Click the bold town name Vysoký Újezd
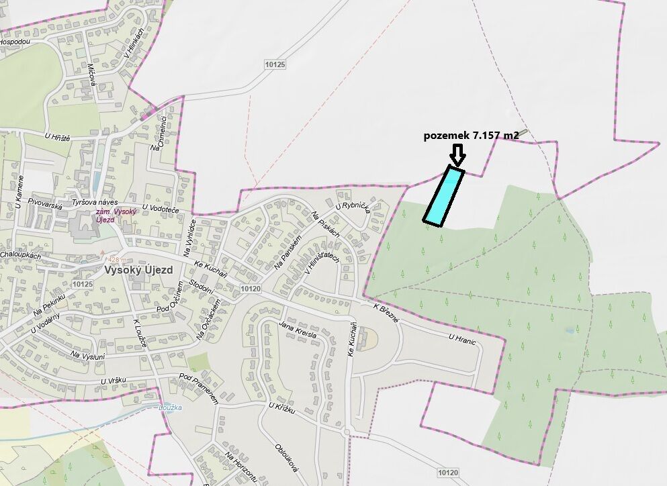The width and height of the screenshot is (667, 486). coord(138,271)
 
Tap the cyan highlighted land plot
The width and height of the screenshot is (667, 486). coord(444,195)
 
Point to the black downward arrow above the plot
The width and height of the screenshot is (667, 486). coord(457,156)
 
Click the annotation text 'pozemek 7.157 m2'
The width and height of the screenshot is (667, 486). coord(471,136)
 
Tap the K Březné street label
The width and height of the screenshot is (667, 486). coord(386,312)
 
